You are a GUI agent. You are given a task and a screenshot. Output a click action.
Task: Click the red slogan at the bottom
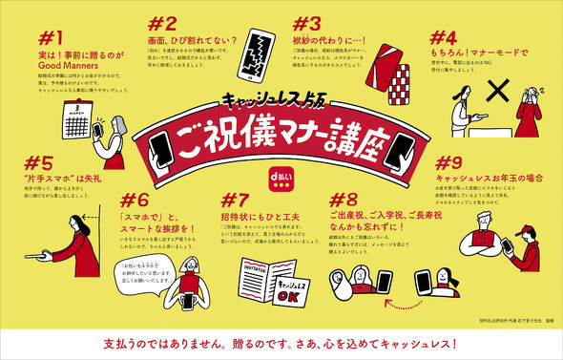click(281, 341)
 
